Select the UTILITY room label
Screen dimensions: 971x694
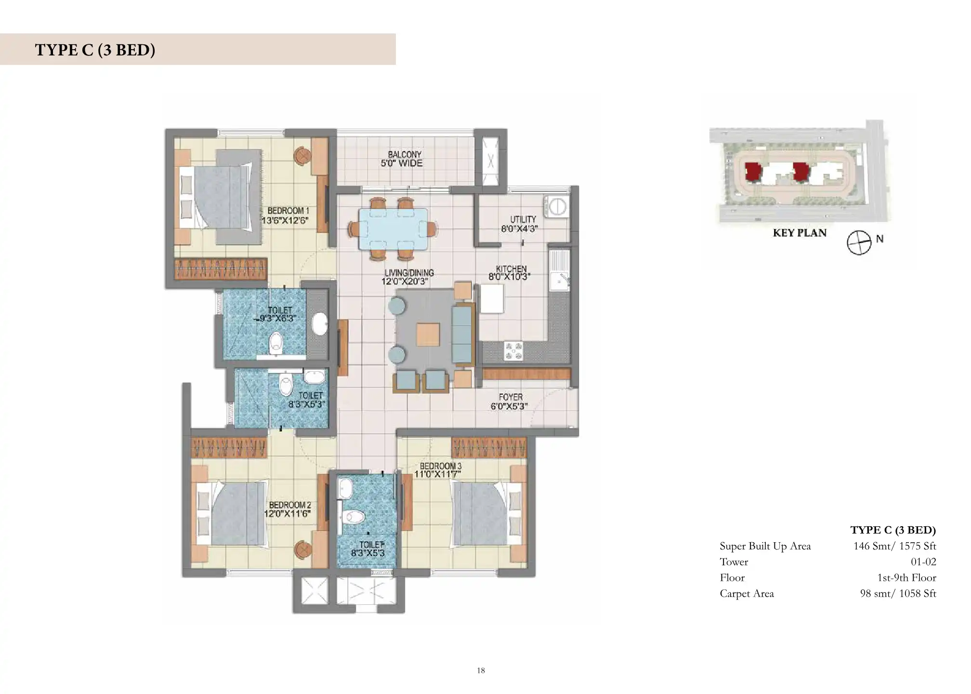click(x=523, y=219)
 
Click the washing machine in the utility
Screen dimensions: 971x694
click(x=556, y=205)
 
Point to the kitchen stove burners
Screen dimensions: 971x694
click(x=513, y=350)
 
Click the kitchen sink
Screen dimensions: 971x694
click(x=560, y=271)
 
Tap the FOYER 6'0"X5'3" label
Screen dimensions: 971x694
click(x=510, y=401)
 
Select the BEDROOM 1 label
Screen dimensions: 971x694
click(x=288, y=211)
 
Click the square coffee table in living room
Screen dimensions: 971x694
click(x=428, y=334)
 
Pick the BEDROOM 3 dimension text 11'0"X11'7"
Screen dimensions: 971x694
click(x=438, y=474)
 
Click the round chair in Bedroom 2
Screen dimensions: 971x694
click(x=303, y=548)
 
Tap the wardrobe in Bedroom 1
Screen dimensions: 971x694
click(x=221, y=269)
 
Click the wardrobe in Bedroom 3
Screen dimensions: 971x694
click(x=489, y=448)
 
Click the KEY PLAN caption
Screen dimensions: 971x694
click(x=800, y=233)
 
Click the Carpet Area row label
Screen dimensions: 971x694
click(x=747, y=594)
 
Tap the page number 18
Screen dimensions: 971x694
click(x=481, y=670)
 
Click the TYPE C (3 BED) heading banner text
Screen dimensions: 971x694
click(x=95, y=50)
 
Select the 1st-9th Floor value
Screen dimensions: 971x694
click(x=906, y=578)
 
